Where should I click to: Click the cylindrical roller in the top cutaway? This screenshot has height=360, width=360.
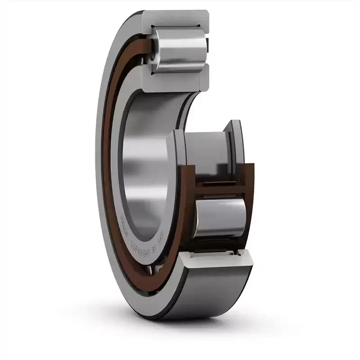point(180,49)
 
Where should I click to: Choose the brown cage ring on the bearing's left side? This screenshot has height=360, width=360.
point(107,180)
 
